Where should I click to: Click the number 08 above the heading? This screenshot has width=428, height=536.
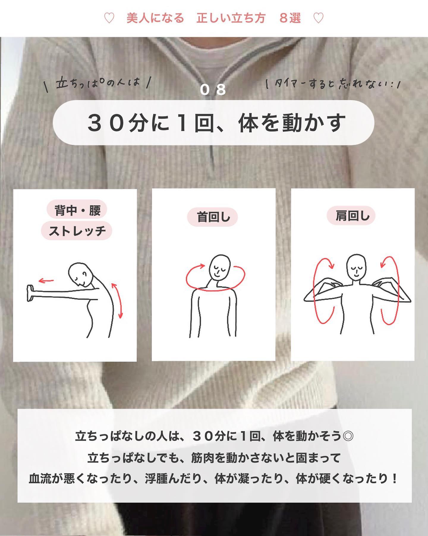pyautogui.click(x=213, y=90)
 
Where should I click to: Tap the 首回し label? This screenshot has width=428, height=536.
pyautogui.click(x=213, y=217)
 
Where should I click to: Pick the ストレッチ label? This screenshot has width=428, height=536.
pyautogui.click(x=77, y=230)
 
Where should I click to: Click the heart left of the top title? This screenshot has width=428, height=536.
pyautogui.click(x=109, y=18)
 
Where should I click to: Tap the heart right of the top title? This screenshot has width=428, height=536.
pyautogui.click(x=319, y=18)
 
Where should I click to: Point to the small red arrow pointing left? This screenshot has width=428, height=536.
pyautogui.click(x=46, y=281)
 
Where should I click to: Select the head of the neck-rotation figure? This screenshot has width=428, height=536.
pyautogui.click(x=220, y=267)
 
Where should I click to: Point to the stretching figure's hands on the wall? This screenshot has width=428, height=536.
pyautogui.click(x=30, y=293)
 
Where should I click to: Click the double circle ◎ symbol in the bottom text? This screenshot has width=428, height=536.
pyautogui.click(x=348, y=436)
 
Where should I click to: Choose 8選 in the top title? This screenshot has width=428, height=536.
pyautogui.click(x=290, y=18)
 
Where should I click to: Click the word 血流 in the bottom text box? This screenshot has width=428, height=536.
pyautogui.click(x=40, y=479)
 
